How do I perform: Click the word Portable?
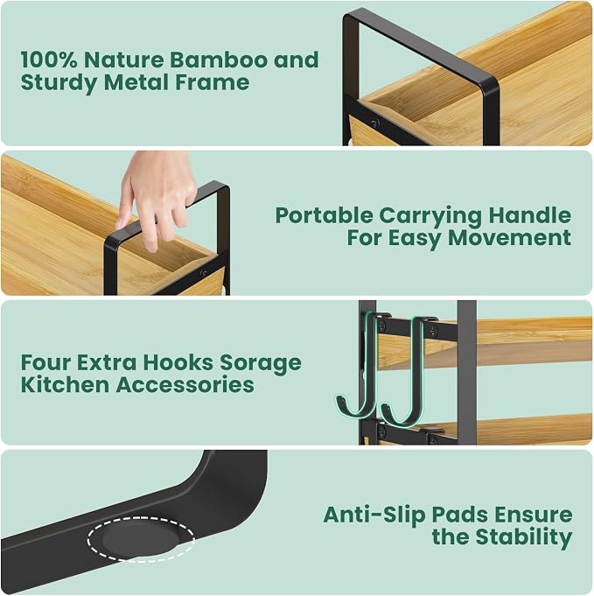[325, 215]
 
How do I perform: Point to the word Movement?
[510, 238]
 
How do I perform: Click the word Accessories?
[185, 385]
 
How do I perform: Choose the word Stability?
[524, 538]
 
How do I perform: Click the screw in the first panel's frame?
[375, 123]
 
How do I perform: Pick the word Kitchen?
[65, 385]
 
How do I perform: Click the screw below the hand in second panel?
[204, 272]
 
